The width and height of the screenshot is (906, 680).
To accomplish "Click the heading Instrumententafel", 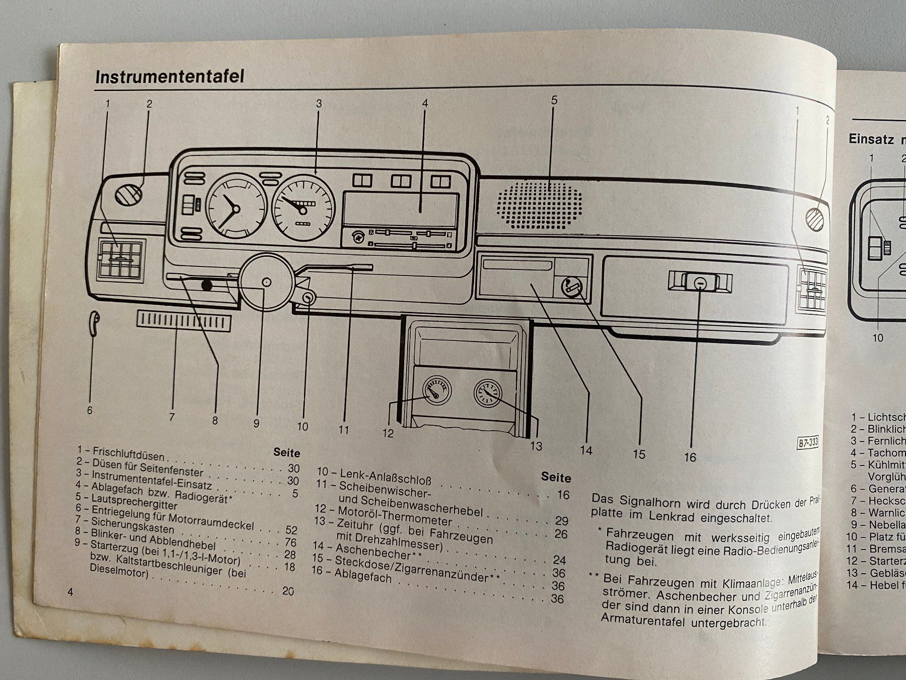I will click(170, 77).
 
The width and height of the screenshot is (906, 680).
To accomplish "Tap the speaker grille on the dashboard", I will click(539, 205).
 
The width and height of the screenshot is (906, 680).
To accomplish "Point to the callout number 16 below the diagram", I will click(690, 457).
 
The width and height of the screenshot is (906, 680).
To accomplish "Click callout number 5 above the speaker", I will click(554, 100).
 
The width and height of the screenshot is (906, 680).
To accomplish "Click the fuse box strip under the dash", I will click(184, 321).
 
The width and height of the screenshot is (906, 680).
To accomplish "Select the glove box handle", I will click(700, 283).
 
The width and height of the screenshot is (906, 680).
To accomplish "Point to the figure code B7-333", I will click(808, 443).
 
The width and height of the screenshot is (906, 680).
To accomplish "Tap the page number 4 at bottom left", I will click(70, 591).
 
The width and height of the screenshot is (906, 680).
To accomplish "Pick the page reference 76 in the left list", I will click(290, 542).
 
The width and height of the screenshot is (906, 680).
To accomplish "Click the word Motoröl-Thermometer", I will click(394, 515).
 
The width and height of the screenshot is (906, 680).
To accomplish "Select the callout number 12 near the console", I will click(388, 433).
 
